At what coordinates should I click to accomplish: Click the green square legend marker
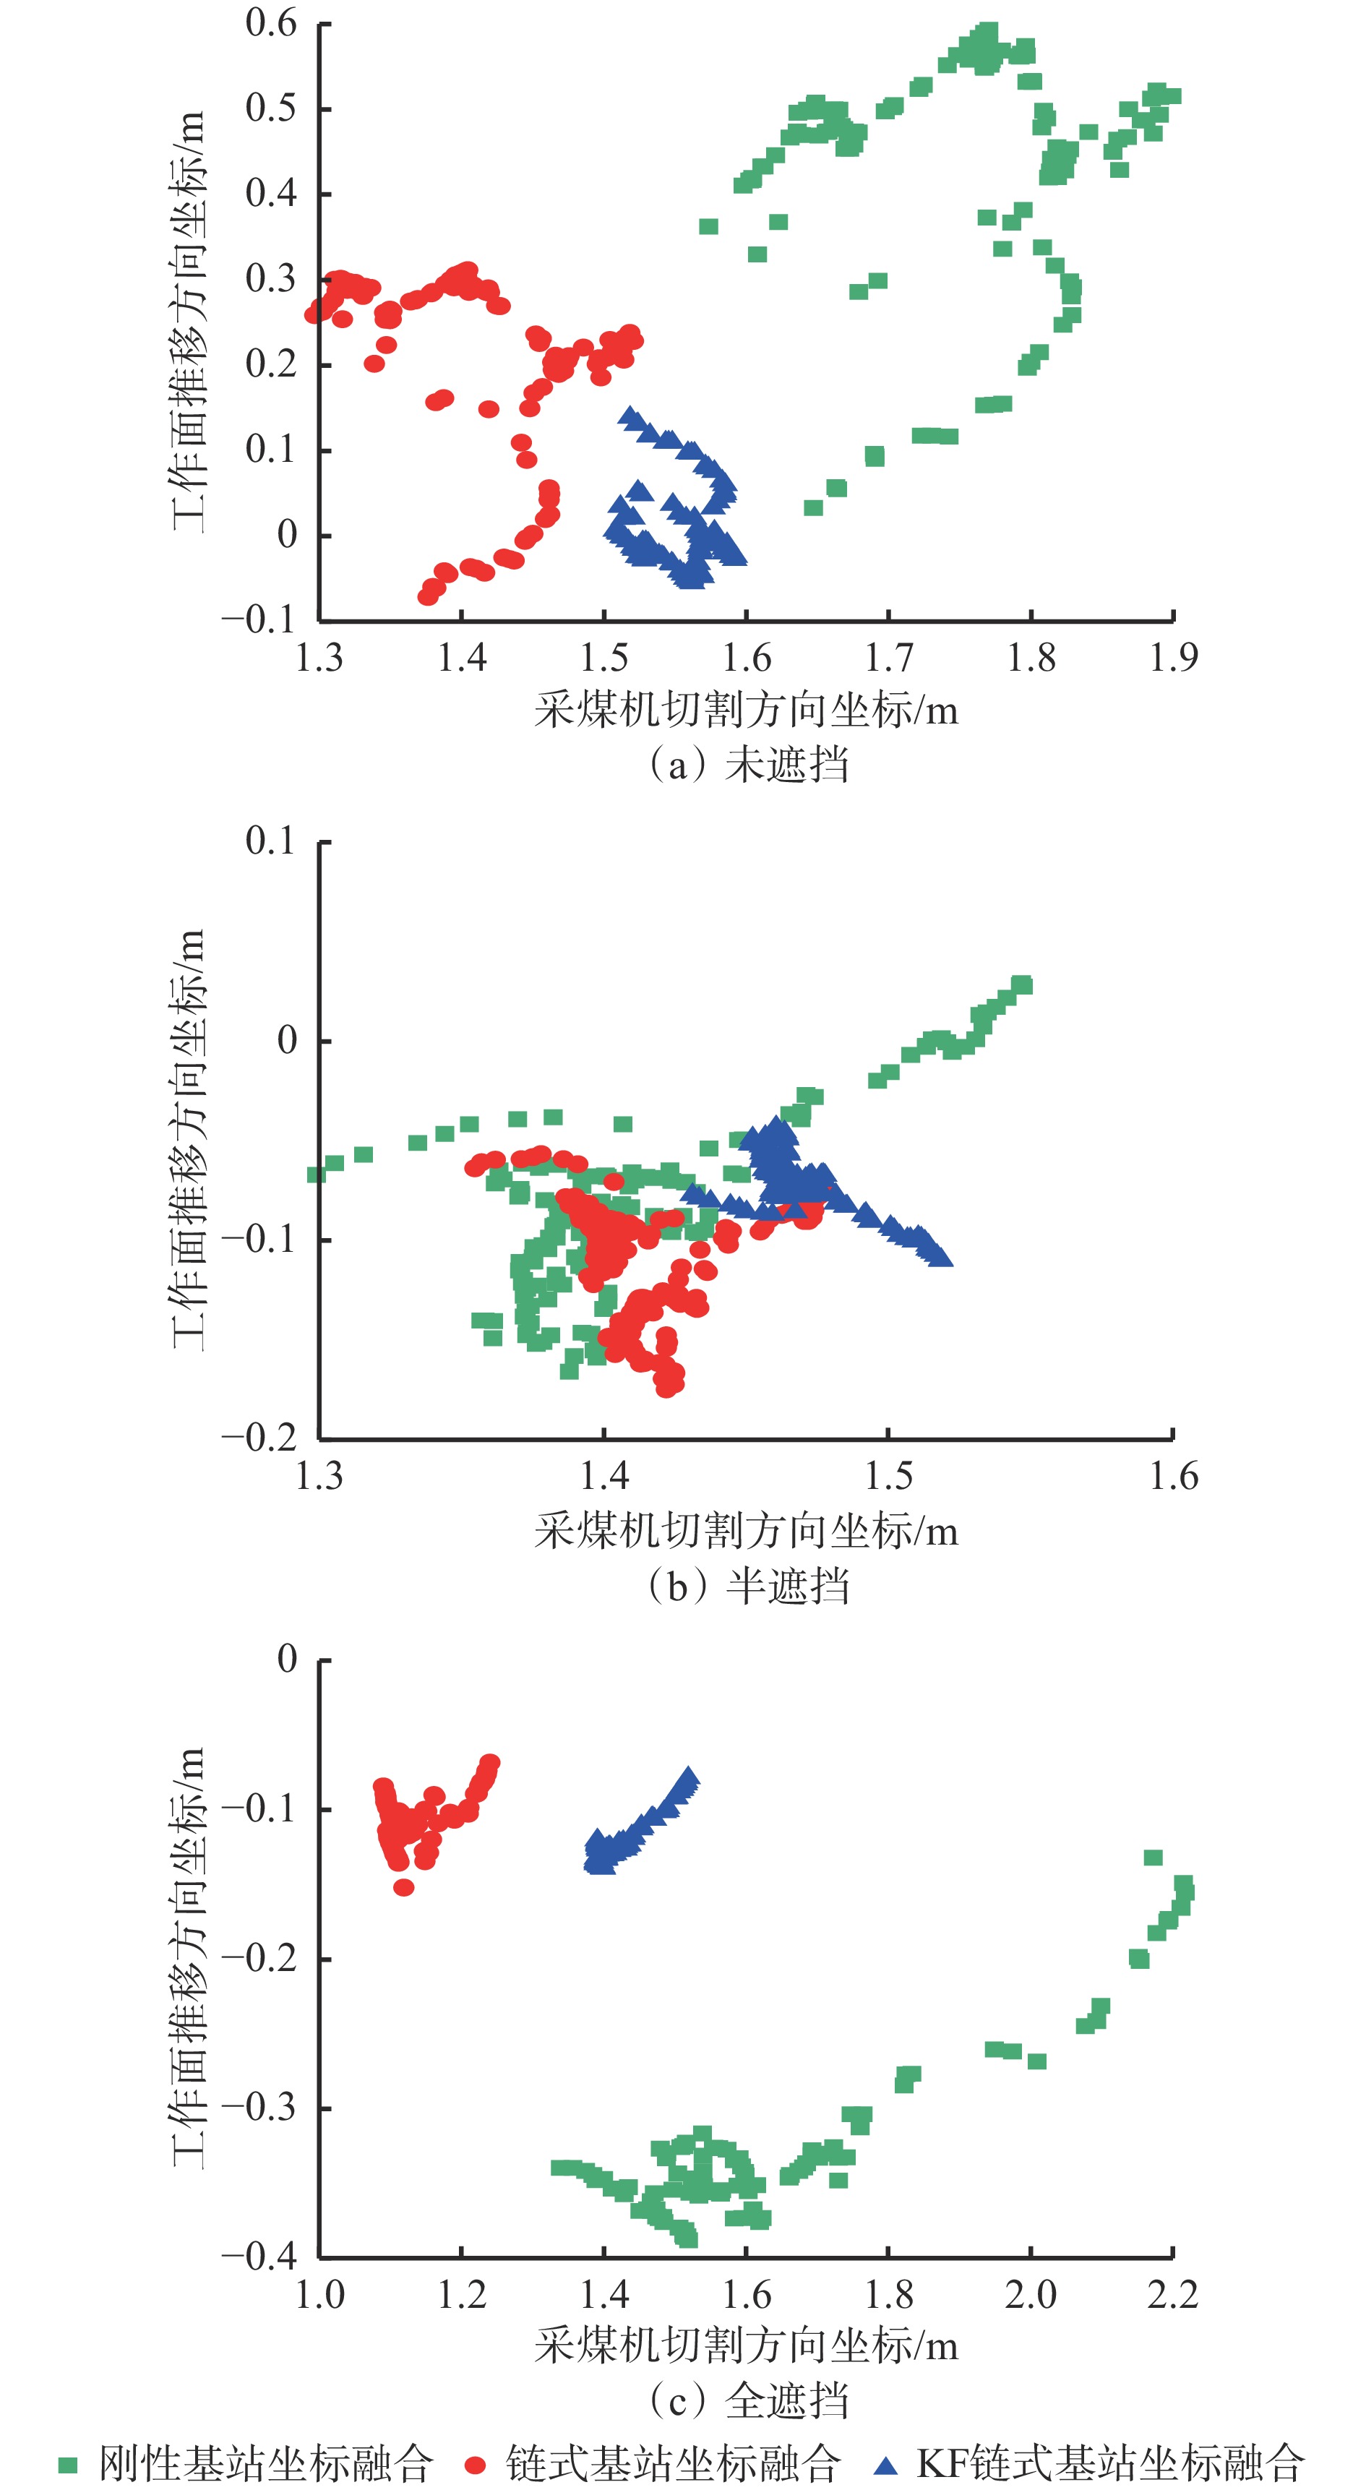point(68,2465)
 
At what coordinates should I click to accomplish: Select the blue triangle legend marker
point(885,2465)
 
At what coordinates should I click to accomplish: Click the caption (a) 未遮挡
point(747,765)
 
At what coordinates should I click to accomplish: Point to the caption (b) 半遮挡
point(747,1587)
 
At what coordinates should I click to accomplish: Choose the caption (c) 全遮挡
point(747,2400)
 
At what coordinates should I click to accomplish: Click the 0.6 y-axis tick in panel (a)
point(271,23)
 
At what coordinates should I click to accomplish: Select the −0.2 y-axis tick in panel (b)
point(259,1438)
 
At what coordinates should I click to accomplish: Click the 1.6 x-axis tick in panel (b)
point(1172,1477)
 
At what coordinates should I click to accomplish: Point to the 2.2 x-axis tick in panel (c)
point(1172,2295)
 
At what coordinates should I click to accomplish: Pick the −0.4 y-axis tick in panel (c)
point(259,2256)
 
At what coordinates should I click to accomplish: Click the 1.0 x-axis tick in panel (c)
point(319,2295)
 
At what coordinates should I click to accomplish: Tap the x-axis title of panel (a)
point(745,711)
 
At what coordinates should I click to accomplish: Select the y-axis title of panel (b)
point(189,1140)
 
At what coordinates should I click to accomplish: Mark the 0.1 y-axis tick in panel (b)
point(271,841)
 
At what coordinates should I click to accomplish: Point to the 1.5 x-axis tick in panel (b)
point(888,1477)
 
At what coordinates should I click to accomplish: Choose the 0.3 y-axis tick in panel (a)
point(271,278)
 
